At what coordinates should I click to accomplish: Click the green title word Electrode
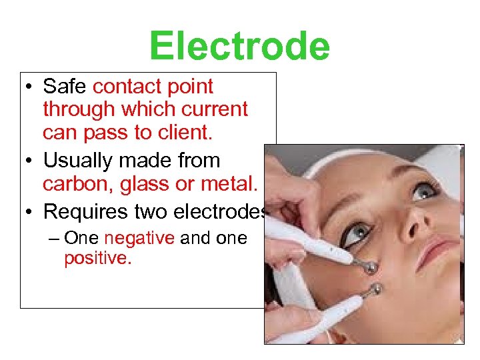(239, 45)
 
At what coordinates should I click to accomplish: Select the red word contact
(129, 86)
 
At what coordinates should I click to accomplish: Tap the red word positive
(97, 258)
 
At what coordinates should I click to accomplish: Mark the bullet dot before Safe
(29, 87)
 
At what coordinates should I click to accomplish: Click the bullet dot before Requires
(29, 212)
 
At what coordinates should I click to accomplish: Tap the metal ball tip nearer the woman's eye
(369, 267)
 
